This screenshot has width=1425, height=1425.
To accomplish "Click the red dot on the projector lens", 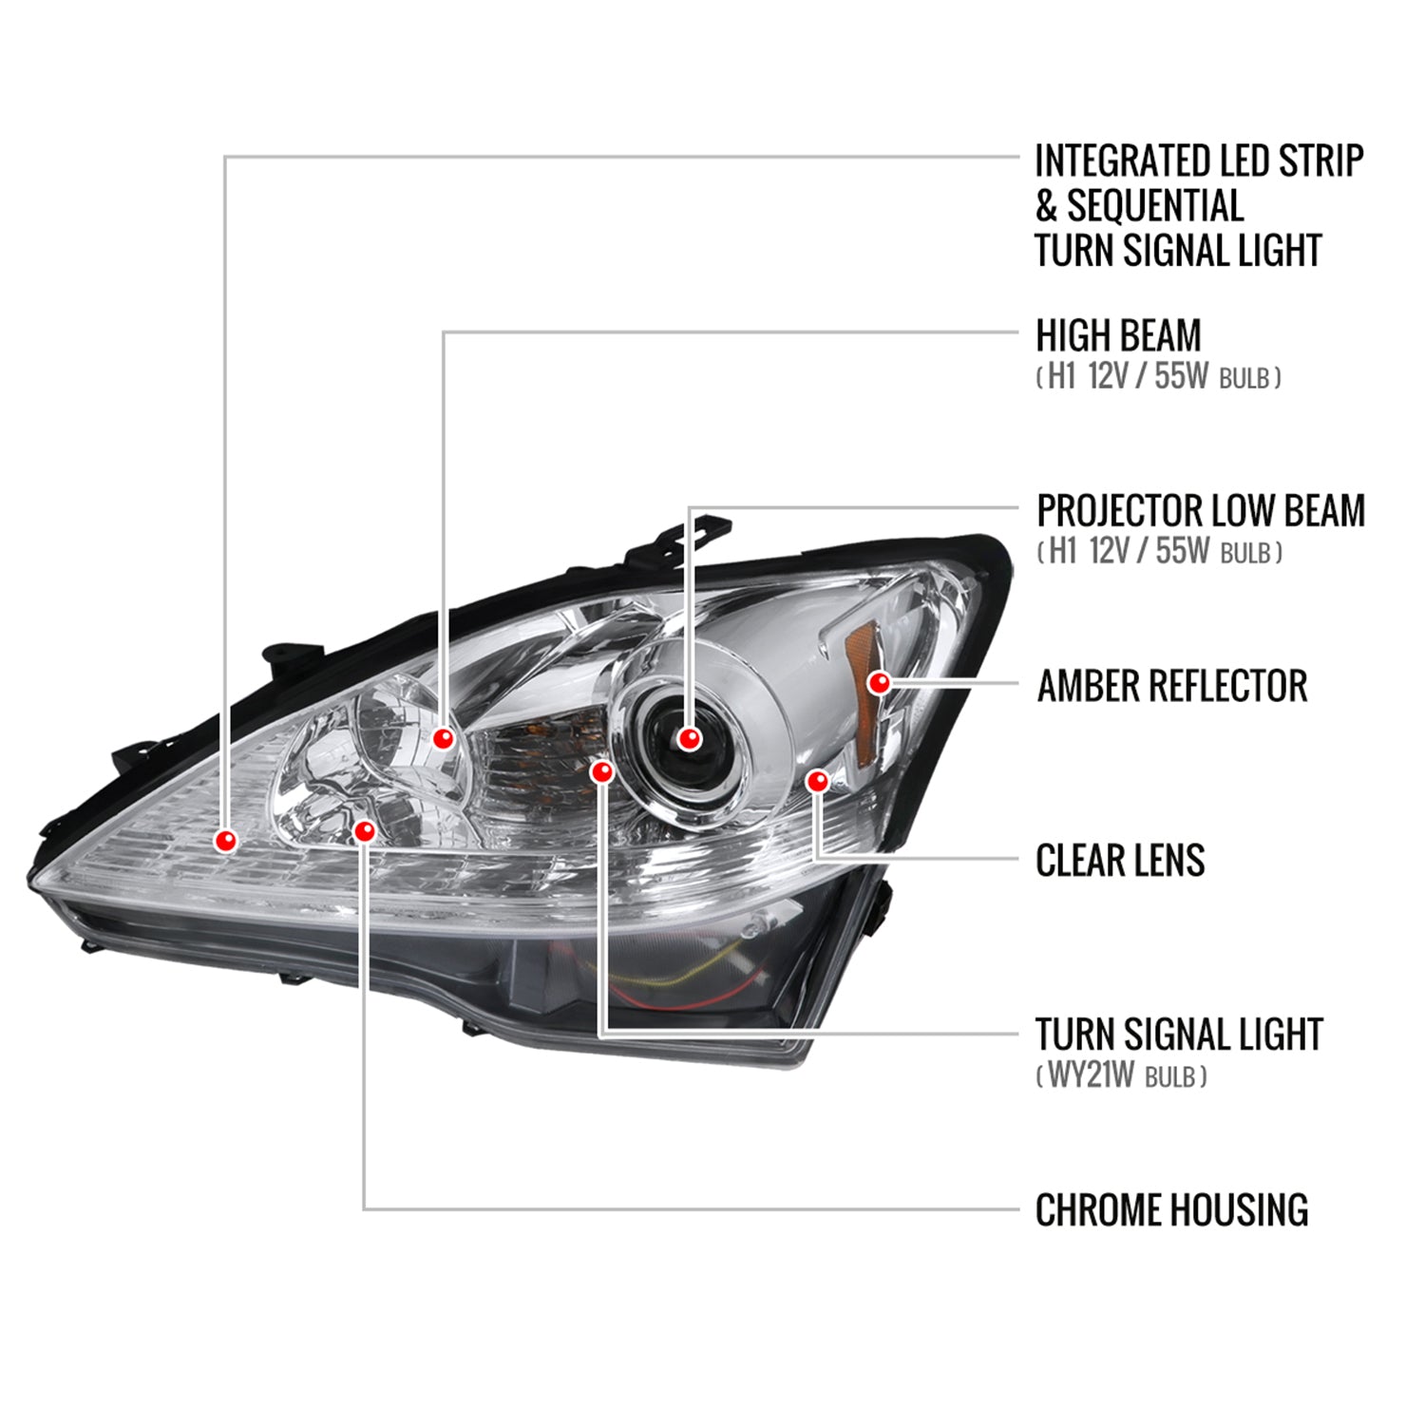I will (690, 738).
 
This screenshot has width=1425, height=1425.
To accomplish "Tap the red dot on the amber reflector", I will (880, 682).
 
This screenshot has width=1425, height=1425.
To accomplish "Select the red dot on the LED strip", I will (226, 840).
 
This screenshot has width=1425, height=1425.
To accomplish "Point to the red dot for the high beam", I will (443, 737).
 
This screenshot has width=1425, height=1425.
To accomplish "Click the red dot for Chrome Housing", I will (364, 831).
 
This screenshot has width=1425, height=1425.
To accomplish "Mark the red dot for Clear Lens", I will (817, 781).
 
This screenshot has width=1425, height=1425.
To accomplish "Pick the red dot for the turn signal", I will (601, 771).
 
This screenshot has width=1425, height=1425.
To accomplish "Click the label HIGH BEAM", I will (1118, 335).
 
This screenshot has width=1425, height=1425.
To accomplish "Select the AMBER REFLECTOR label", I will (1171, 686).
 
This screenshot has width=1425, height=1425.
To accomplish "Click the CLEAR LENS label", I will (1120, 861).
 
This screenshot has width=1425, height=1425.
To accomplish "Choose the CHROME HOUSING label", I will (1171, 1210).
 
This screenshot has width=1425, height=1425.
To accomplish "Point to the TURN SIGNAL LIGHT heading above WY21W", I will (1179, 1035).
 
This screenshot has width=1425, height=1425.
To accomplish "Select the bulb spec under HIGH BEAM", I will (1158, 377).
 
